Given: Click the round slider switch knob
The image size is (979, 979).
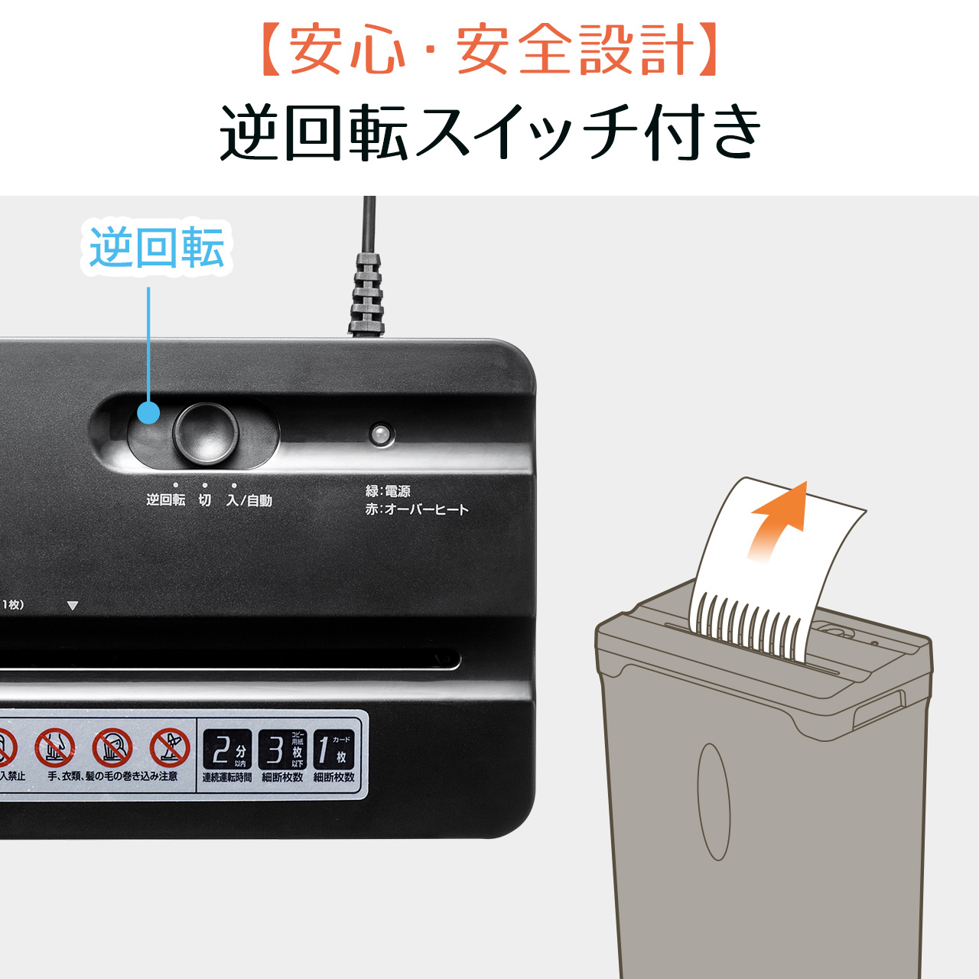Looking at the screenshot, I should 205,433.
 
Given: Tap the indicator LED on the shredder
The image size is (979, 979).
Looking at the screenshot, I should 380,434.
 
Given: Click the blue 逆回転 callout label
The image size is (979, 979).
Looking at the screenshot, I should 157,248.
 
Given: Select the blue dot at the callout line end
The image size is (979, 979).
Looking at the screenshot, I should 148,413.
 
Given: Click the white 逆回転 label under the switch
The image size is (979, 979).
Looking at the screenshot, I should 165,500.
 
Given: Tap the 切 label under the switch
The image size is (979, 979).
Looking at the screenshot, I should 205,500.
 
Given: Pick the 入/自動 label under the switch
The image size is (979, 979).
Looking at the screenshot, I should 249,500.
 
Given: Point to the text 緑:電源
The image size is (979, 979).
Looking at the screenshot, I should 388,491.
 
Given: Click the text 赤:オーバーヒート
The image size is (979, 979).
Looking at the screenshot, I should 417,509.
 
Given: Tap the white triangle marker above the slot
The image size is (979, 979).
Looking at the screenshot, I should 73,606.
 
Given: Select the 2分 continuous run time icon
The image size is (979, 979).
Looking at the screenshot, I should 227,750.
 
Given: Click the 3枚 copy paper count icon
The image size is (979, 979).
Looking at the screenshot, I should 282,750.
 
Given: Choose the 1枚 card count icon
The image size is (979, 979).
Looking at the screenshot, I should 333,750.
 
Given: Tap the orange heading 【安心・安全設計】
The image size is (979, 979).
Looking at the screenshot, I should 489,50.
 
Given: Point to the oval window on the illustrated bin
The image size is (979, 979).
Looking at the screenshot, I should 714,802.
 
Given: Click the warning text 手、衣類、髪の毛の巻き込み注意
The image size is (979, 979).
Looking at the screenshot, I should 112,776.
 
